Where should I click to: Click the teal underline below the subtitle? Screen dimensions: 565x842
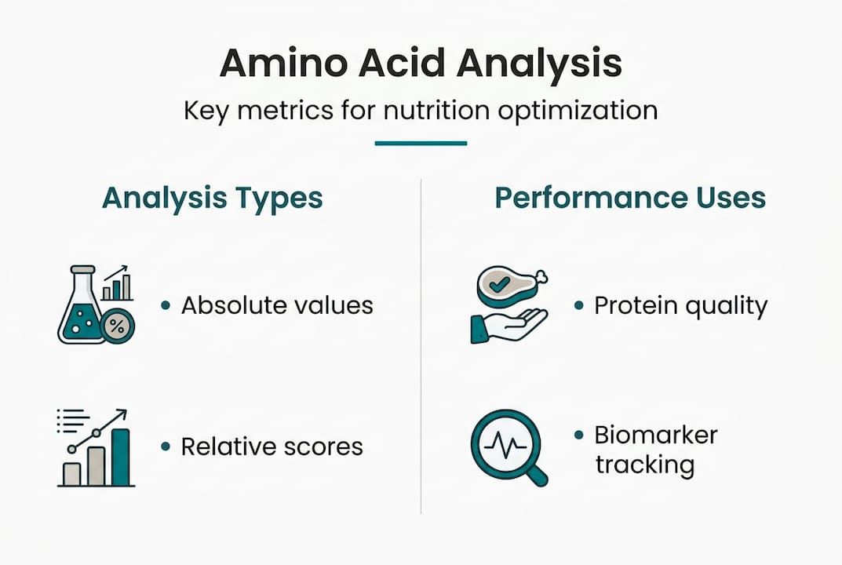[421, 144]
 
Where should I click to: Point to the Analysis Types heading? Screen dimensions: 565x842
[212, 198]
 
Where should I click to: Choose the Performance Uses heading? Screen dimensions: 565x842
[630, 198]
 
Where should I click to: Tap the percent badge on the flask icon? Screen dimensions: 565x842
[118, 326]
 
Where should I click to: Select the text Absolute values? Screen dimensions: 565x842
[277, 305]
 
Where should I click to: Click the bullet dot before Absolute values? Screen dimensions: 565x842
[166, 305]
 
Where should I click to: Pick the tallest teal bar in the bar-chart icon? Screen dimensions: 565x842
[121, 457]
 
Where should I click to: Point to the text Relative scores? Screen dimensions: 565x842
[272, 447]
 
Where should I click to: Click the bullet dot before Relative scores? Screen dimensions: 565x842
[166, 447]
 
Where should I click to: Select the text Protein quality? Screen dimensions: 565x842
[680, 305]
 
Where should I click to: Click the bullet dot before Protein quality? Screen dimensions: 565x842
[579, 305]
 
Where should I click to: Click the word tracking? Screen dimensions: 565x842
[644, 464]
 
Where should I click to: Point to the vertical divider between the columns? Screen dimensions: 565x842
[421, 345]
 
